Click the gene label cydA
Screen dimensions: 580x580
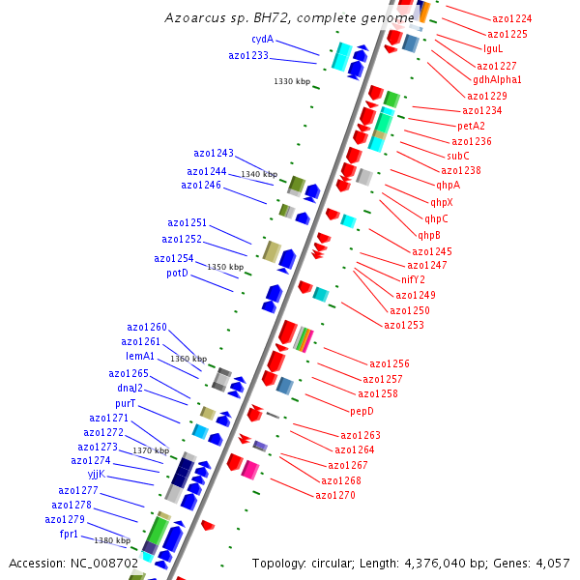click(x=262, y=40)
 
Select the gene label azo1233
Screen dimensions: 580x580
click(x=248, y=56)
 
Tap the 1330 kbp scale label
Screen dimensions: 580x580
click(x=292, y=82)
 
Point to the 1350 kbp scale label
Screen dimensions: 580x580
click(x=225, y=267)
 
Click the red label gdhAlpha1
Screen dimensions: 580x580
click(x=497, y=79)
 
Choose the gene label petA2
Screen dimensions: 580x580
click(x=472, y=126)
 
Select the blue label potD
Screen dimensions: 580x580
click(x=177, y=274)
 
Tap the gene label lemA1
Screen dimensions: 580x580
click(x=140, y=357)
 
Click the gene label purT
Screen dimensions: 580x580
click(x=126, y=403)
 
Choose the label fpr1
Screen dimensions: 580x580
click(x=70, y=534)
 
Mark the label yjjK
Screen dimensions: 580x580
click(x=96, y=475)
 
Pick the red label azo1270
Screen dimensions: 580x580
click(x=335, y=496)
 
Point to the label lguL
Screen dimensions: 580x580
click(x=493, y=48)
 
